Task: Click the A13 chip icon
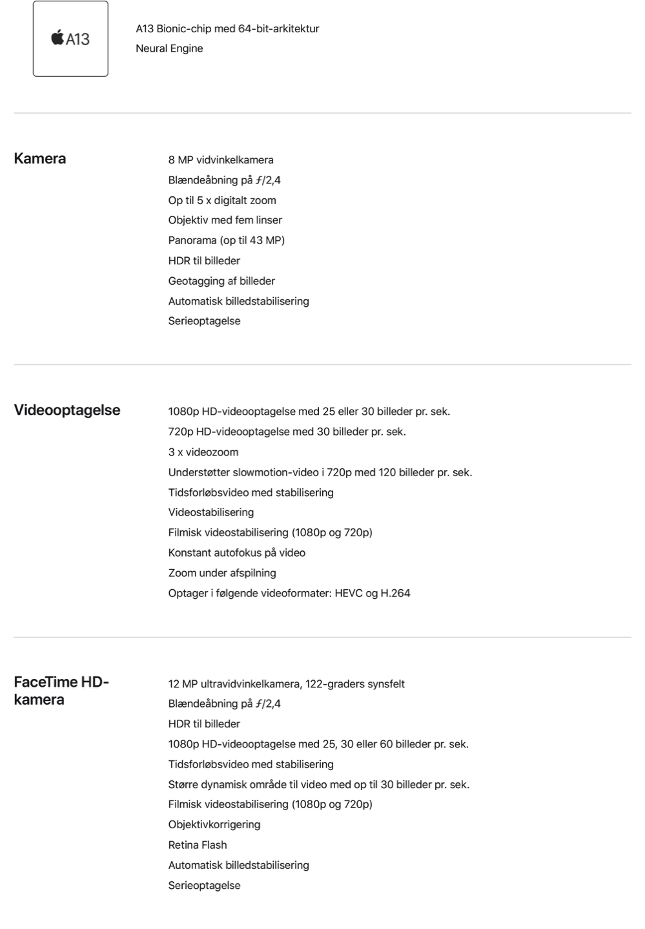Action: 70,39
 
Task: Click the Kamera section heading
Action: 40,159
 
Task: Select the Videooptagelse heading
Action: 67,410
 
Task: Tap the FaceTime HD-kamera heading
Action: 61,691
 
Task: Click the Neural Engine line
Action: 169,48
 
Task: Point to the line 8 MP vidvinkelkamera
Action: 221,160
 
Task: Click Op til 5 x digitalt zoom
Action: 222,200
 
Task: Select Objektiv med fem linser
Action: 225,220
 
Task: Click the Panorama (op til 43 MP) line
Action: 226,240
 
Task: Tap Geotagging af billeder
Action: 221,281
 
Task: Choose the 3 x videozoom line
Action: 203,452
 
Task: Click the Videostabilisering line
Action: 211,512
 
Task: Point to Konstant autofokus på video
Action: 237,553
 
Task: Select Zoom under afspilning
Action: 222,573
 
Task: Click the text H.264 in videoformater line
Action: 395,593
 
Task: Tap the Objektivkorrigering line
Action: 214,824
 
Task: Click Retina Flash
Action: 198,845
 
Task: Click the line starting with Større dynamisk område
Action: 319,784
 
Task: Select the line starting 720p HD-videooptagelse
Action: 287,432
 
